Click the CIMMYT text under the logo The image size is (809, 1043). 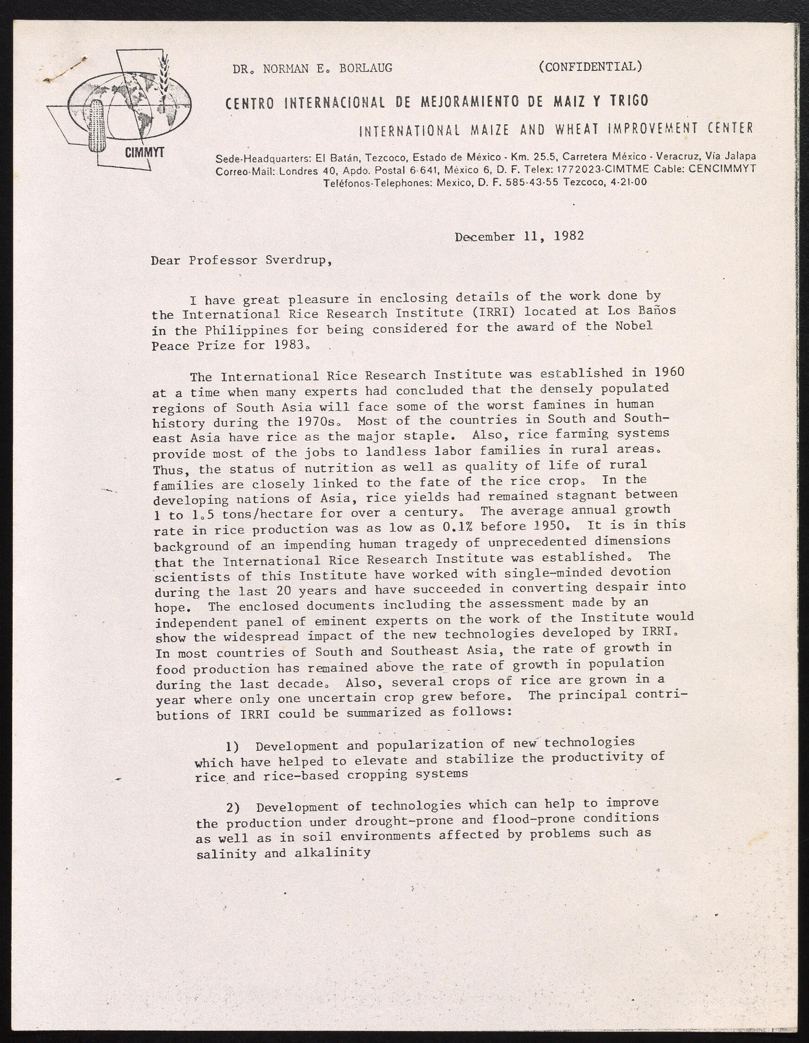(144, 153)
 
